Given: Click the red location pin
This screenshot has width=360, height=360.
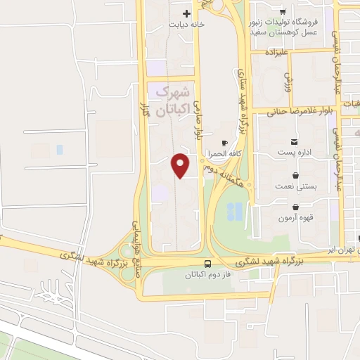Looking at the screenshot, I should click(181, 165).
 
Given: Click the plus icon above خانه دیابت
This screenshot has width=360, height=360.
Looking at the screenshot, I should click(186, 13).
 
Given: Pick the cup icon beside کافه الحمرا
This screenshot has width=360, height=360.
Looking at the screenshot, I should click(224, 143).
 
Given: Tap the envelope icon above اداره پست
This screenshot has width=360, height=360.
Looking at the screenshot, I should click(295, 141).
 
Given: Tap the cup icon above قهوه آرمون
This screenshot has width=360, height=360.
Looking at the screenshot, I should click(295, 207).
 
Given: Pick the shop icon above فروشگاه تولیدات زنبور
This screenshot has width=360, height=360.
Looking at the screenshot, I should click(282, 11).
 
